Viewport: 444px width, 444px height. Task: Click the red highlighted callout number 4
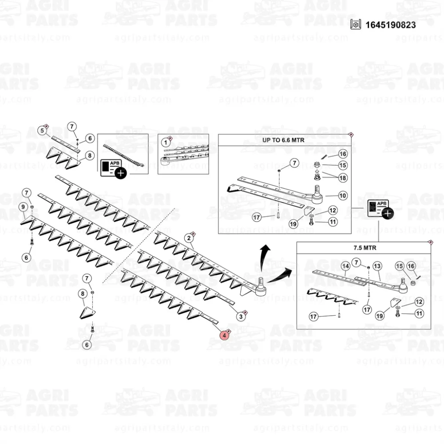[x=224, y=336]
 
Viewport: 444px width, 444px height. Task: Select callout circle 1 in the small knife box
[x=166, y=142]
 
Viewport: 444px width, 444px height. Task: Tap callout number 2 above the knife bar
[x=189, y=238]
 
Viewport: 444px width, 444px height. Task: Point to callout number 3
[x=241, y=316]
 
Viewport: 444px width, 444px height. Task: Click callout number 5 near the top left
[x=43, y=131]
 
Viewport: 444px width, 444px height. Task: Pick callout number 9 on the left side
[x=23, y=207]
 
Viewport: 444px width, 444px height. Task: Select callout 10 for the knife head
[x=343, y=195]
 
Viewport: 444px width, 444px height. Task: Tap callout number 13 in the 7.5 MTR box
[x=377, y=266]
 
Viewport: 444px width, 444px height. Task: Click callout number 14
[x=345, y=266]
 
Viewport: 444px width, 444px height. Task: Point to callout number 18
[x=343, y=178]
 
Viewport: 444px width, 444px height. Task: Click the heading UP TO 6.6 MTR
[x=283, y=140]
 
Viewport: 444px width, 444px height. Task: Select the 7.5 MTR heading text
[x=365, y=248]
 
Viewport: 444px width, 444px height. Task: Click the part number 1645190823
[x=390, y=25]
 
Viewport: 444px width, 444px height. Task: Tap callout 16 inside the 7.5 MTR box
[x=411, y=266]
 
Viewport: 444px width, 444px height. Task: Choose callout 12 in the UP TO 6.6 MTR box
[x=333, y=210]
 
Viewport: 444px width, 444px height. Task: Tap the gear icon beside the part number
[x=355, y=24]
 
